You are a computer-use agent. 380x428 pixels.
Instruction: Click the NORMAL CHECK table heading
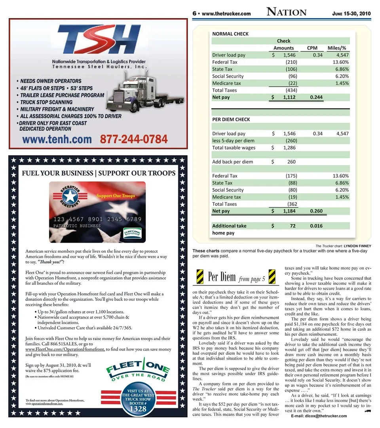230,34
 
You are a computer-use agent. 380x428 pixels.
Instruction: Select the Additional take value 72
293,226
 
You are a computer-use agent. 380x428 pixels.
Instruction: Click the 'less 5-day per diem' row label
233,141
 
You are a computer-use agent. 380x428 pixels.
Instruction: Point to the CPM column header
312,48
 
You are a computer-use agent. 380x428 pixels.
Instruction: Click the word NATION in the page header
286,12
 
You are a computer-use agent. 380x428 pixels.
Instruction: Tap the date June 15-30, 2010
351,13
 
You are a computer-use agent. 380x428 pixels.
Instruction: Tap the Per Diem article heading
222,277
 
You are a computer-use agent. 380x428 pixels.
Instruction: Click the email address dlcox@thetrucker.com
319,416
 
